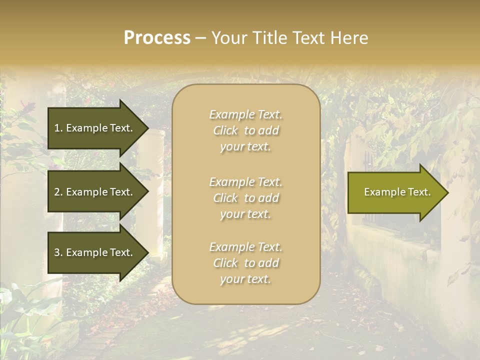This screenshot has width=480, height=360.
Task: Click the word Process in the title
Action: pos(157,38)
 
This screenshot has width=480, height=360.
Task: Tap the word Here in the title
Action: pos(348,38)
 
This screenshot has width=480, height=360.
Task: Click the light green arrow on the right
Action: pos(395,192)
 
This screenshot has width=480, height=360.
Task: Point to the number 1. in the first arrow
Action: pos(58,128)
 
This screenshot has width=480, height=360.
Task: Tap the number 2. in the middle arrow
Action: pos(58,192)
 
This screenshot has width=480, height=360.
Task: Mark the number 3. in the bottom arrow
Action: pos(58,252)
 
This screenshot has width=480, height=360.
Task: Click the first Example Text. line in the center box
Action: pos(245,114)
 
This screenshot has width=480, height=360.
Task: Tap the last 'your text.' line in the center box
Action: pos(245,279)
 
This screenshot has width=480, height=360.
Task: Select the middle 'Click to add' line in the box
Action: pos(245,198)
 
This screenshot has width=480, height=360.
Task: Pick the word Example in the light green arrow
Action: pos(381,192)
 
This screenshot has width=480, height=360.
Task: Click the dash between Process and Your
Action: pos(200,38)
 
